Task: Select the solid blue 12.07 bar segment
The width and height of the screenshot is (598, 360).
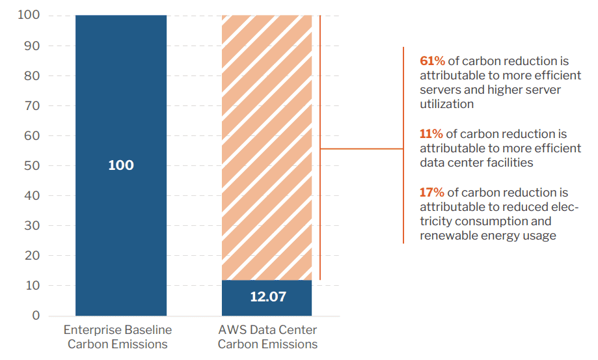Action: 267,298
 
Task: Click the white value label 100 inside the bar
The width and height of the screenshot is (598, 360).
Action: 121,165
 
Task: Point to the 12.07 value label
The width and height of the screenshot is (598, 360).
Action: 268,298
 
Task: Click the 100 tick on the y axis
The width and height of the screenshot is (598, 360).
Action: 27,16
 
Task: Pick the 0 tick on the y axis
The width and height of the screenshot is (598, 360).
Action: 36,316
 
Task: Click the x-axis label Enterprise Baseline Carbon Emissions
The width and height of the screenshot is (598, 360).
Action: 118,337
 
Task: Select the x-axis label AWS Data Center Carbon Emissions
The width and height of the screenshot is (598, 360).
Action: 267,337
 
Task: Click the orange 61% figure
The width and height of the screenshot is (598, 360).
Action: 432,61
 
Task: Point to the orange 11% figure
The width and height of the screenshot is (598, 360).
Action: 431,134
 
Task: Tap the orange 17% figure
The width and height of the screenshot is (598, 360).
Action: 432,192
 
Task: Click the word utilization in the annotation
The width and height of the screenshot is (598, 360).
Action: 447,104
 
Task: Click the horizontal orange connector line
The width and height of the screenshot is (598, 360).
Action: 362,149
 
